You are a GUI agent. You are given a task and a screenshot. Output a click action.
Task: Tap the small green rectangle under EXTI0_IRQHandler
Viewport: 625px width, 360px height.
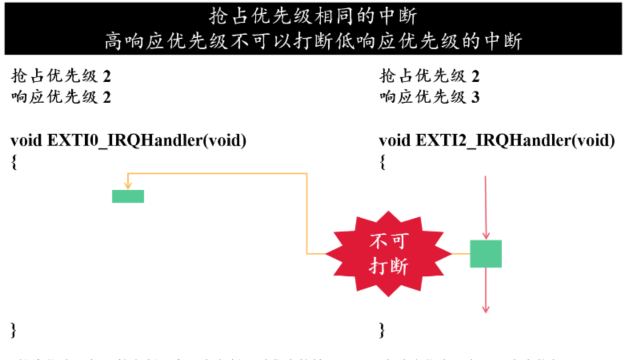(128, 196)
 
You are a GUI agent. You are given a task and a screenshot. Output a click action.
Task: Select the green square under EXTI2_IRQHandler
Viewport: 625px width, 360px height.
(485, 254)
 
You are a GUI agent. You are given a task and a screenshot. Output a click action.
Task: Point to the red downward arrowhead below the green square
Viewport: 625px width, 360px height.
(485, 306)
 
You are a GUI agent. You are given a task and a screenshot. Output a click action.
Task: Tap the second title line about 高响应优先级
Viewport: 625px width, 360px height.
(312, 40)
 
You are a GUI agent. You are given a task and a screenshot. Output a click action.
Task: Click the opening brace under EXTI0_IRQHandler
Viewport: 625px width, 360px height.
(14, 160)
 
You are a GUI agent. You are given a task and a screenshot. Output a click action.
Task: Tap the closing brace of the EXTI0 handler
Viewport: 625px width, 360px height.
(14, 328)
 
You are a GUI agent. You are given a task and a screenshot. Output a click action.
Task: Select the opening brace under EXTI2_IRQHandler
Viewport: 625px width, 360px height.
(383, 160)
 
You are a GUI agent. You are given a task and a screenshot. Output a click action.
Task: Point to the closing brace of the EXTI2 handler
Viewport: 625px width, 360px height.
(383, 328)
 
